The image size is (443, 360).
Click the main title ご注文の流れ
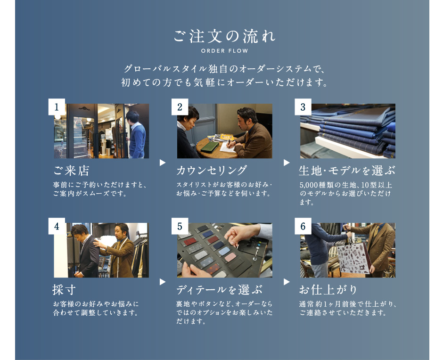(x=224, y=36)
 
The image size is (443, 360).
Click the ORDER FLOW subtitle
(x=225, y=51)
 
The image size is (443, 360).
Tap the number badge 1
(x=57, y=107)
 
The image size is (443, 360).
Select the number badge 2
(x=180, y=107)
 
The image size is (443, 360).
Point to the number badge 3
(x=303, y=107)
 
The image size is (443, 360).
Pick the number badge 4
(x=57, y=226)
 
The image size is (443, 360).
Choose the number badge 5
(x=180, y=226)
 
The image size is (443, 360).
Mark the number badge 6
(x=303, y=226)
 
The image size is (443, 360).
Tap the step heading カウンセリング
(x=212, y=171)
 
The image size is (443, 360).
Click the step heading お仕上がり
(x=328, y=290)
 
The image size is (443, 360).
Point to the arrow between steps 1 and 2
(x=163, y=163)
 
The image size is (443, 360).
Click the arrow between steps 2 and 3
(x=287, y=163)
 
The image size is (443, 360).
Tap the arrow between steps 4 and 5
(x=163, y=282)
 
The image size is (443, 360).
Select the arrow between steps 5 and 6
(x=287, y=282)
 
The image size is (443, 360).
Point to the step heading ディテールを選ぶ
(x=220, y=290)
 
